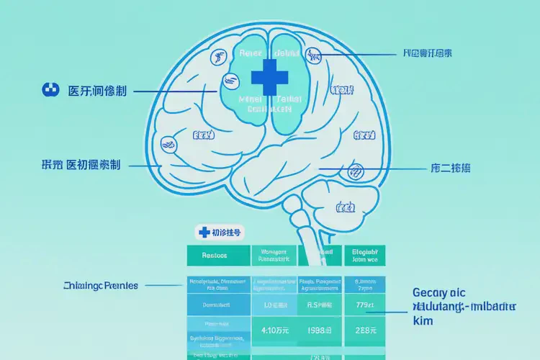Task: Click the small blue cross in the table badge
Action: point(203,232)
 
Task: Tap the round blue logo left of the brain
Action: point(50,90)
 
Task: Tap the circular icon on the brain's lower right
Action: point(355,171)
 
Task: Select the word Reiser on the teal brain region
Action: point(252,55)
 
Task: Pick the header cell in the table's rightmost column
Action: point(365,255)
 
